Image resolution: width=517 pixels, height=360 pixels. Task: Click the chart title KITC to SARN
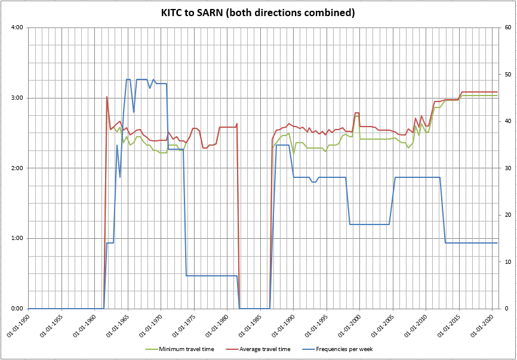click(x=258, y=13)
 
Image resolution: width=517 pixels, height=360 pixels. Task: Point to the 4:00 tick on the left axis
click(x=17, y=27)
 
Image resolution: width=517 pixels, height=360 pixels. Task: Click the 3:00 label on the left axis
click(x=17, y=98)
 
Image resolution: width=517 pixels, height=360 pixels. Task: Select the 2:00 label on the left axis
click(x=17, y=168)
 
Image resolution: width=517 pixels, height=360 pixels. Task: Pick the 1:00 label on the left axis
click(x=17, y=238)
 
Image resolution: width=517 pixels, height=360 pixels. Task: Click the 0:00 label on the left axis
click(x=17, y=309)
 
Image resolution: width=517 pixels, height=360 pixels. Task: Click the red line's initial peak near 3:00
click(x=107, y=97)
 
